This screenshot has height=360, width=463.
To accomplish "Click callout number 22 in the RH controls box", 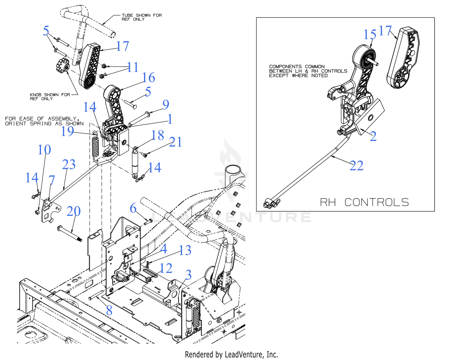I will coord(357,166).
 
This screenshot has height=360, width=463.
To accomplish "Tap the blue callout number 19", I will coord(67,131).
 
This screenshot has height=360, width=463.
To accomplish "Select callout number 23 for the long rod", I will coord(69,164).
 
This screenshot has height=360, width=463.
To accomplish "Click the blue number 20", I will coord(73,211).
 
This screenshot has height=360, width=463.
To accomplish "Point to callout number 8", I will coord(109,311).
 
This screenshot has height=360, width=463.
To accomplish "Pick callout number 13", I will coord(185,250).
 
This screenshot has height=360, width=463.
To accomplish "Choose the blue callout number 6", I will coord(133,209).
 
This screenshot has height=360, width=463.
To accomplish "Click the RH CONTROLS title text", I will coord(364,202).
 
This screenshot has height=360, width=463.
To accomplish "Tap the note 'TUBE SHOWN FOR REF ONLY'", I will coord(141,17).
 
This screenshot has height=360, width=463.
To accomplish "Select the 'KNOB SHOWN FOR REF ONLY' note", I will coord(50,97).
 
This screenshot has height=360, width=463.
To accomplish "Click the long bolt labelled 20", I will coord(70,234).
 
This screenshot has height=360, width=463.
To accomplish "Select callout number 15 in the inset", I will coord(370,35).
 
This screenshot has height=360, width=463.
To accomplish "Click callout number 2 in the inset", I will coord(373,136).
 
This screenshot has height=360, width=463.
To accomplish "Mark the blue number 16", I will coord(148,78).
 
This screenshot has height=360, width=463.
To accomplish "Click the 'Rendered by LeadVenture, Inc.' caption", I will coord(231,355).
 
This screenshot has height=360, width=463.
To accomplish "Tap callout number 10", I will coord(44,150).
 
